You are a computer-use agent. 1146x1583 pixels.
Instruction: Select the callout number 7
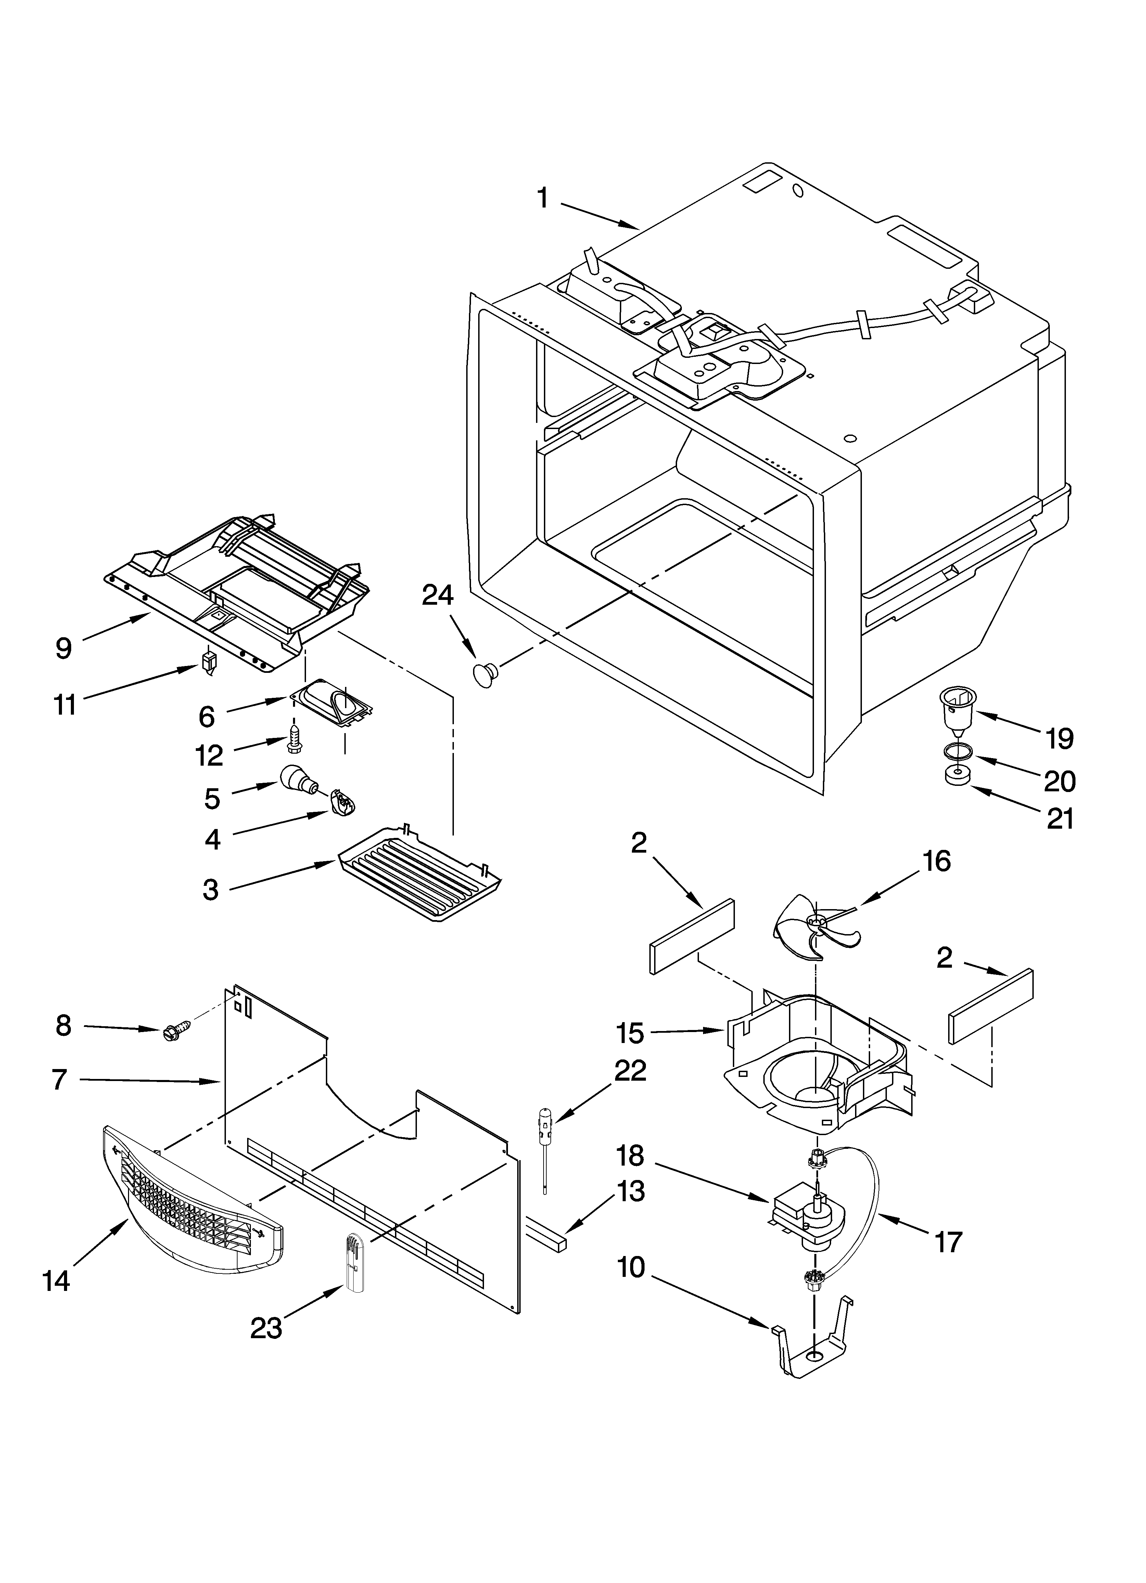click(x=59, y=1080)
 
